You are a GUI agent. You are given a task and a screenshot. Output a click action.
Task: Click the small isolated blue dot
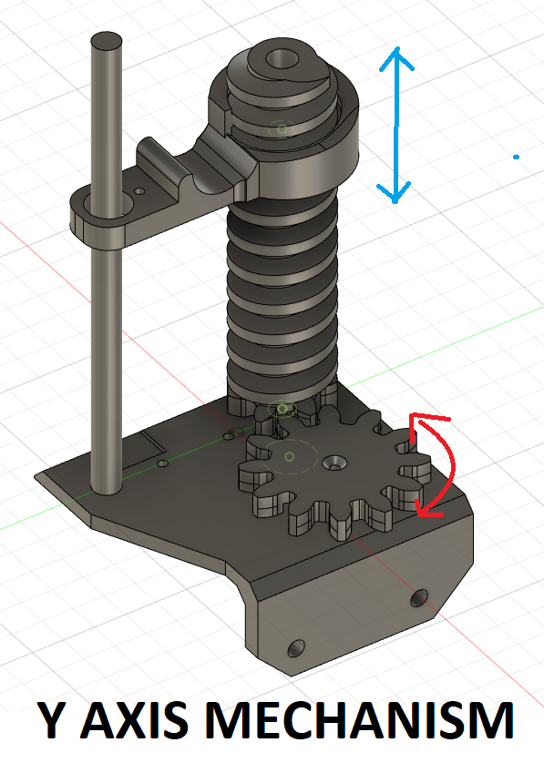[517, 157]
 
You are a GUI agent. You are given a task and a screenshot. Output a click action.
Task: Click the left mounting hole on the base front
[295, 647]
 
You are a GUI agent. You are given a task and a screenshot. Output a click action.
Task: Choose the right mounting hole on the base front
[419, 597]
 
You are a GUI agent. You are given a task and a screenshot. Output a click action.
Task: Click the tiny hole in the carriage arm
[139, 191]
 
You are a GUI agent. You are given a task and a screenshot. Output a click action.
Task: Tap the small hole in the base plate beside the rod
[164, 463]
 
